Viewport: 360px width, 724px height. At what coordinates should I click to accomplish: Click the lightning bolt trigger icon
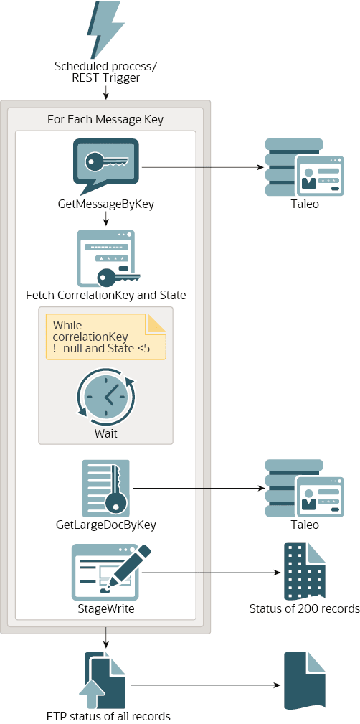(x=105, y=29)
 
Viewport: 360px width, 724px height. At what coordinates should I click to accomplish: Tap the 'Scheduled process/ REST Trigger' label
(x=105, y=72)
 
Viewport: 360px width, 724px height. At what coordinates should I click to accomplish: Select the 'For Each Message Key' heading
(x=105, y=120)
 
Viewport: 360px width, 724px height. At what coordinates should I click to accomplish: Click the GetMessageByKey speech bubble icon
(x=105, y=167)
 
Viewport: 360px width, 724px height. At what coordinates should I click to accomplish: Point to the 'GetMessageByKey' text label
(x=105, y=204)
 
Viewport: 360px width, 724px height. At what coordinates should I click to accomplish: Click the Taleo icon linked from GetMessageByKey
(x=305, y=167)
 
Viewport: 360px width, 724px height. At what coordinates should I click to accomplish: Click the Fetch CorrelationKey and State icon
(x=108, y=258)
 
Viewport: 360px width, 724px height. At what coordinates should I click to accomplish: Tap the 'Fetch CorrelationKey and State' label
(x=105, y=295)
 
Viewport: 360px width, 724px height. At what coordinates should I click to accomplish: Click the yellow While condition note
(x=105, y=337)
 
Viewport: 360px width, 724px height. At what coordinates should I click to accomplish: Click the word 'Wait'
(x=105, y=433)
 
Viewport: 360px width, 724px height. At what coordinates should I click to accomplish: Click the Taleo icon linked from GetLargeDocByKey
(x=305, y=488)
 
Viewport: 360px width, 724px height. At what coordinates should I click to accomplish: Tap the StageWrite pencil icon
(x=111, y=572)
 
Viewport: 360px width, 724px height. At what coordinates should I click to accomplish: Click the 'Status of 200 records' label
(x=304, y=608)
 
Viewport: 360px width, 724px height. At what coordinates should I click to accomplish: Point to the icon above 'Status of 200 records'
(x=305, y=572)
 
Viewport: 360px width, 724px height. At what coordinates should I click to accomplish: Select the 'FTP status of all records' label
(x=108, y=716)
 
